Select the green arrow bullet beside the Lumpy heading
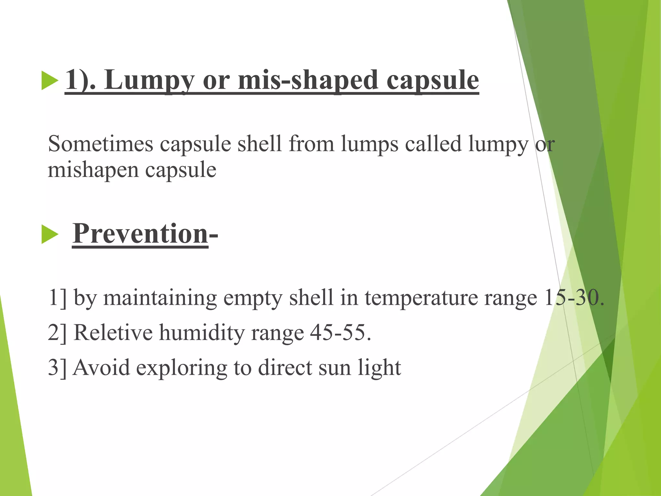50,81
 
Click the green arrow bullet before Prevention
50,235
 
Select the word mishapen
93,170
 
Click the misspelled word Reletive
113,332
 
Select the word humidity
202,333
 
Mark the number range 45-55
340,332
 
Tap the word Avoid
101,367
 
